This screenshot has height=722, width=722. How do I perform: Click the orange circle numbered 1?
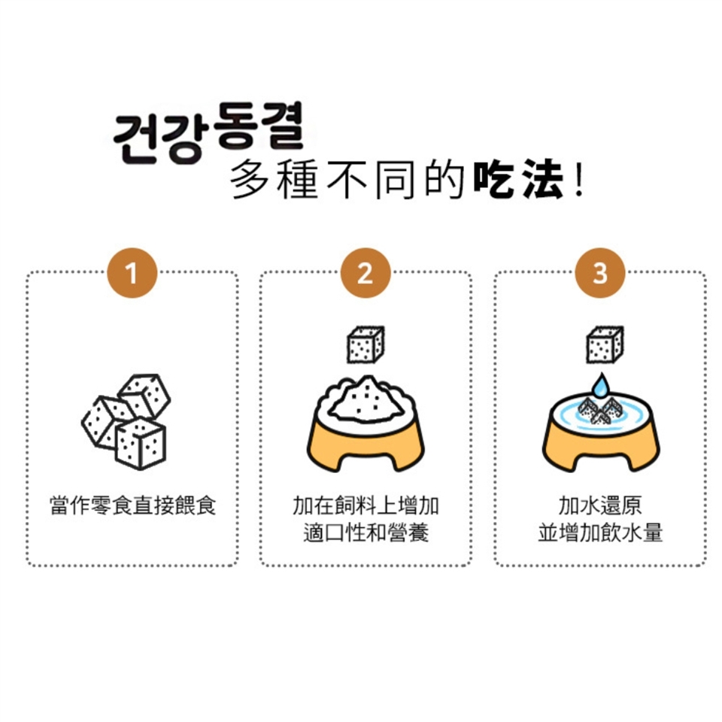[x=132, y=273]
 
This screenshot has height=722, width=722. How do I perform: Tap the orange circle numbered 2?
[x=366, y=273]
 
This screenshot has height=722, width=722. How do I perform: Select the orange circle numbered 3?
[x=600, y=273]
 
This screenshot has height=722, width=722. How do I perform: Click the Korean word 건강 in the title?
[x=158, y=138]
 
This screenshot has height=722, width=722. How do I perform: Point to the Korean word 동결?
[x=259, y=126]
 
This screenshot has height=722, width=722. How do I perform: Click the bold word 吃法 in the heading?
[x=519, y=179]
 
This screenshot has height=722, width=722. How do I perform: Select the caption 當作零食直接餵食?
[x=132, y=505]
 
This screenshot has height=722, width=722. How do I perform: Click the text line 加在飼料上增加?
[x=366, y=505]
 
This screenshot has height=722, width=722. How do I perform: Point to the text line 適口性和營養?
[x=366, y=532]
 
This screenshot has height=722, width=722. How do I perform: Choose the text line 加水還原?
[x=600, y=505]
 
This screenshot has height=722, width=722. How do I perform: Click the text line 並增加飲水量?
[x=600, y=532]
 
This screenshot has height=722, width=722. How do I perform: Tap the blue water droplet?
[x=600, y=387]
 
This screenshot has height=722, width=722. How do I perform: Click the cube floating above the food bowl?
[x=366, y=344]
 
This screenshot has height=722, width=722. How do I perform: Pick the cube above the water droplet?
[x=605, y=344]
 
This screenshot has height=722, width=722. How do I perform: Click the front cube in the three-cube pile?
[x=140, y=444]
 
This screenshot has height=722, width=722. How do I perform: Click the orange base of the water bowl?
[x=600, y=449]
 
